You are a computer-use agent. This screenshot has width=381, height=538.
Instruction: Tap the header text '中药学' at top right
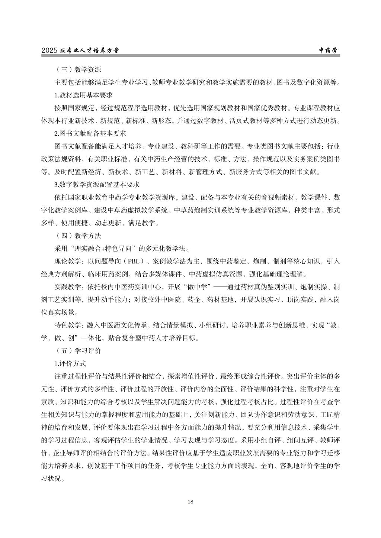pyautogui.click(x=330, y=51)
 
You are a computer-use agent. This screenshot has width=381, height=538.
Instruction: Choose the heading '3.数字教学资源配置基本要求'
pyautogui.click(x=97, y=184)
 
